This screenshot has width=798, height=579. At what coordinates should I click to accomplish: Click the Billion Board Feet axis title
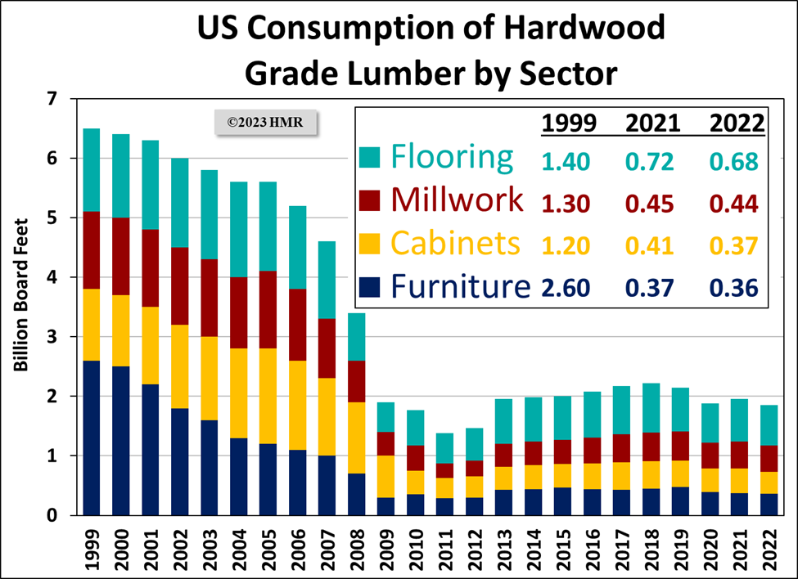coord(21,294)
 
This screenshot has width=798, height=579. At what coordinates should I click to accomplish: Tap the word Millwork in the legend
coord(458,200)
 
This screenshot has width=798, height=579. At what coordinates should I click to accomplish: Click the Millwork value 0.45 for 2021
coord(651,202)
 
